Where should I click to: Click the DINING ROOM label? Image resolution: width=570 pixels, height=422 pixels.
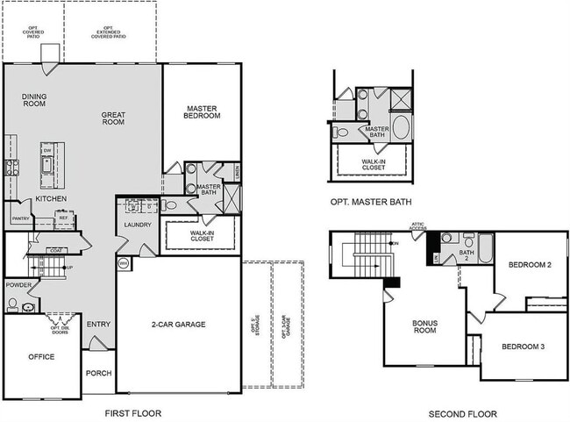click(x=34, y=100)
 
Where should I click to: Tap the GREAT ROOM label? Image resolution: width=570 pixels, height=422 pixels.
click(x=113, y=118)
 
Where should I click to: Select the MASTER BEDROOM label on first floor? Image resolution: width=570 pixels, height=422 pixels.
click(x=201, y=112)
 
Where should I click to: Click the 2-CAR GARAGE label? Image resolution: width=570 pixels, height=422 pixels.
click(x=177, y=325)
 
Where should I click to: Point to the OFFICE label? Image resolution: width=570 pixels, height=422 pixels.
click(x=40, y=357)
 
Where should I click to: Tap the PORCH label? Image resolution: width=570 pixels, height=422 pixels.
click(x=98, y=373)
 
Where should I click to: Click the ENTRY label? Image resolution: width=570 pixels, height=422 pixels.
click(x=98, y=325)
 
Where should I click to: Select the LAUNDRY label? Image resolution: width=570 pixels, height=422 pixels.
click(x=138, y=225)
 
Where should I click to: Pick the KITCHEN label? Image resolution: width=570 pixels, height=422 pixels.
click(x=51, y=199)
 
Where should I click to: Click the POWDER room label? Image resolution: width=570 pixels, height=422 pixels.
click(x=18, y=285)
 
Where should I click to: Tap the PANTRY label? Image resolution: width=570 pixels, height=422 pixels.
click(x=20, y=218)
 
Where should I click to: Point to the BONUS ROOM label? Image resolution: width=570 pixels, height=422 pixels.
click(x=424, y=326)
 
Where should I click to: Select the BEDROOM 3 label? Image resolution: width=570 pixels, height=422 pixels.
click(x=524, y=347)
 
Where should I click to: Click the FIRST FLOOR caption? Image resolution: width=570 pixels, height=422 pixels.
click(x=132, y=413)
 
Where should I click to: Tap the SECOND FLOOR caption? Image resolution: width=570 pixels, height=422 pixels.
click(x=462, y=413)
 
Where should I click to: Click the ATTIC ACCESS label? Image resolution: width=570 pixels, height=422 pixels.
click(x=418, y=227)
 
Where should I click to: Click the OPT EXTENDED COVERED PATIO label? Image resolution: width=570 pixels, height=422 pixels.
click(x=109, y=34)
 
